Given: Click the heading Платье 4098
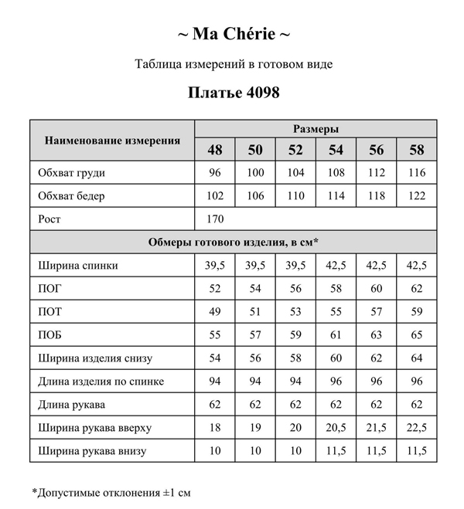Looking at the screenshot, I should click(x=234, y=92).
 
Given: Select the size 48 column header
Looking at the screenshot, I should click(x=214, y=149).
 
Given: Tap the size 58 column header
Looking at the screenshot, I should click(x=416, y=149).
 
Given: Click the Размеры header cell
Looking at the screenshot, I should click(x=316, y=129).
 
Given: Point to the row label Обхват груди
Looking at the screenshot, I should click(x=71, y=173).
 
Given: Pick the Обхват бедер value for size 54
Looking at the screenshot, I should click(x=336, y=196).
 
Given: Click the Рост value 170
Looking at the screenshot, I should click(x=215, y=219).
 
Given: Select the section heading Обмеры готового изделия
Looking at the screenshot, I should click(x=234, y=243).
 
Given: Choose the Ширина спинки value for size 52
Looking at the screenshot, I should click(x=295, y=266).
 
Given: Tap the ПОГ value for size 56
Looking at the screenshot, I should click(x=376, y=289).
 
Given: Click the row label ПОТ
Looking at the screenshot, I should click(x=49, y=312).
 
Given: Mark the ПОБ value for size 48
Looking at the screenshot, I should click(x=214, y=335).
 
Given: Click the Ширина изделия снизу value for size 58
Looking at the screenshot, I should click(x=416, y=358).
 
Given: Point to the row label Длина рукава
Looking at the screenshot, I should click(x=71, y=405).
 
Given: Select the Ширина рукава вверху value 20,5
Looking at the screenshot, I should click(x=336, y=428).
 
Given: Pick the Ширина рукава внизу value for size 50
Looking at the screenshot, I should click(x=255, y=451).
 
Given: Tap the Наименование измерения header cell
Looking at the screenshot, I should click(x=112, y=140).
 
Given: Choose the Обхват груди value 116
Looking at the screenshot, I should click(x=416, y=173).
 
